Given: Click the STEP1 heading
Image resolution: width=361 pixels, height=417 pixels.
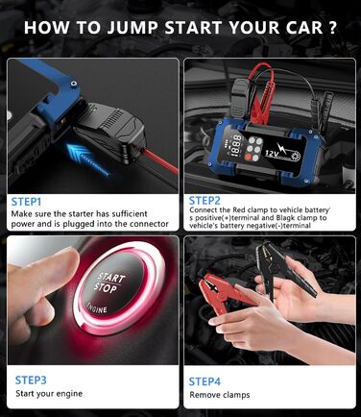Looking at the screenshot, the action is (x=26, y=202).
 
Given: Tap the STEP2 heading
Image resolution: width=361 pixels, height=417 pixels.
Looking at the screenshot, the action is (x=205, y=201).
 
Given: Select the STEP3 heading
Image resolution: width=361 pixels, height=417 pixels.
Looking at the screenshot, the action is (x=31, y=380).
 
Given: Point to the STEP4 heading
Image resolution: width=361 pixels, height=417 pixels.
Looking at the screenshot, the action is (x=205, y=381).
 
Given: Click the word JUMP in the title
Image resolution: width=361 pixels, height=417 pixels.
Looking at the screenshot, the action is (x=132, y=28).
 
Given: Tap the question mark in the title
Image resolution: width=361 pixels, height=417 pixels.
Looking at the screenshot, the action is (x=333, y=28).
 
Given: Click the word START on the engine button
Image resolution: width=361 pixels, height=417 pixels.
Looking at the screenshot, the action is (x=111, y=278).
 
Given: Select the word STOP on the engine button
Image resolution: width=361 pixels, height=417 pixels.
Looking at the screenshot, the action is (x=106, y=288).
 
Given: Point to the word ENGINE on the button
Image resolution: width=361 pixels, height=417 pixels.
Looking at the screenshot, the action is (x=96, y=308).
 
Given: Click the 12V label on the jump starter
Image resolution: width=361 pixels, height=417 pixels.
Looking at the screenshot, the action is (x=273, y=153).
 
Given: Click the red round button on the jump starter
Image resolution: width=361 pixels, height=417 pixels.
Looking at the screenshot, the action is (x=248, y=157).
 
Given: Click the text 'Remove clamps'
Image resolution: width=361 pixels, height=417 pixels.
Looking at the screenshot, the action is (x=220, y=395).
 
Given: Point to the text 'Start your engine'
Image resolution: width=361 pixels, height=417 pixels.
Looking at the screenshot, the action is (x=49, y=394).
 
